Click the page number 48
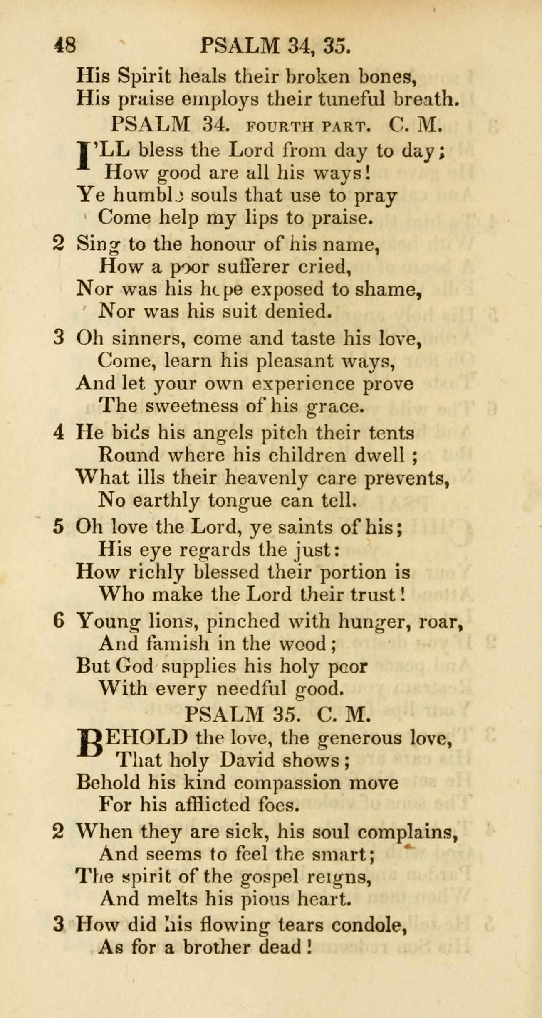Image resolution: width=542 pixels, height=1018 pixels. tap(65, 45)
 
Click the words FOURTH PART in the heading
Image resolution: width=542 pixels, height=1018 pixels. tap(308, 126)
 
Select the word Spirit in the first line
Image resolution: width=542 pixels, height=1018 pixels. tap(144, 76)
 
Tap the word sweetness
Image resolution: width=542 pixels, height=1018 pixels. tap(192, 405)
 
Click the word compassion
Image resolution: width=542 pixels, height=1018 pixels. tap(286, 783)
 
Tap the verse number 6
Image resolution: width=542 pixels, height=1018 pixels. tap(59, 621)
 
